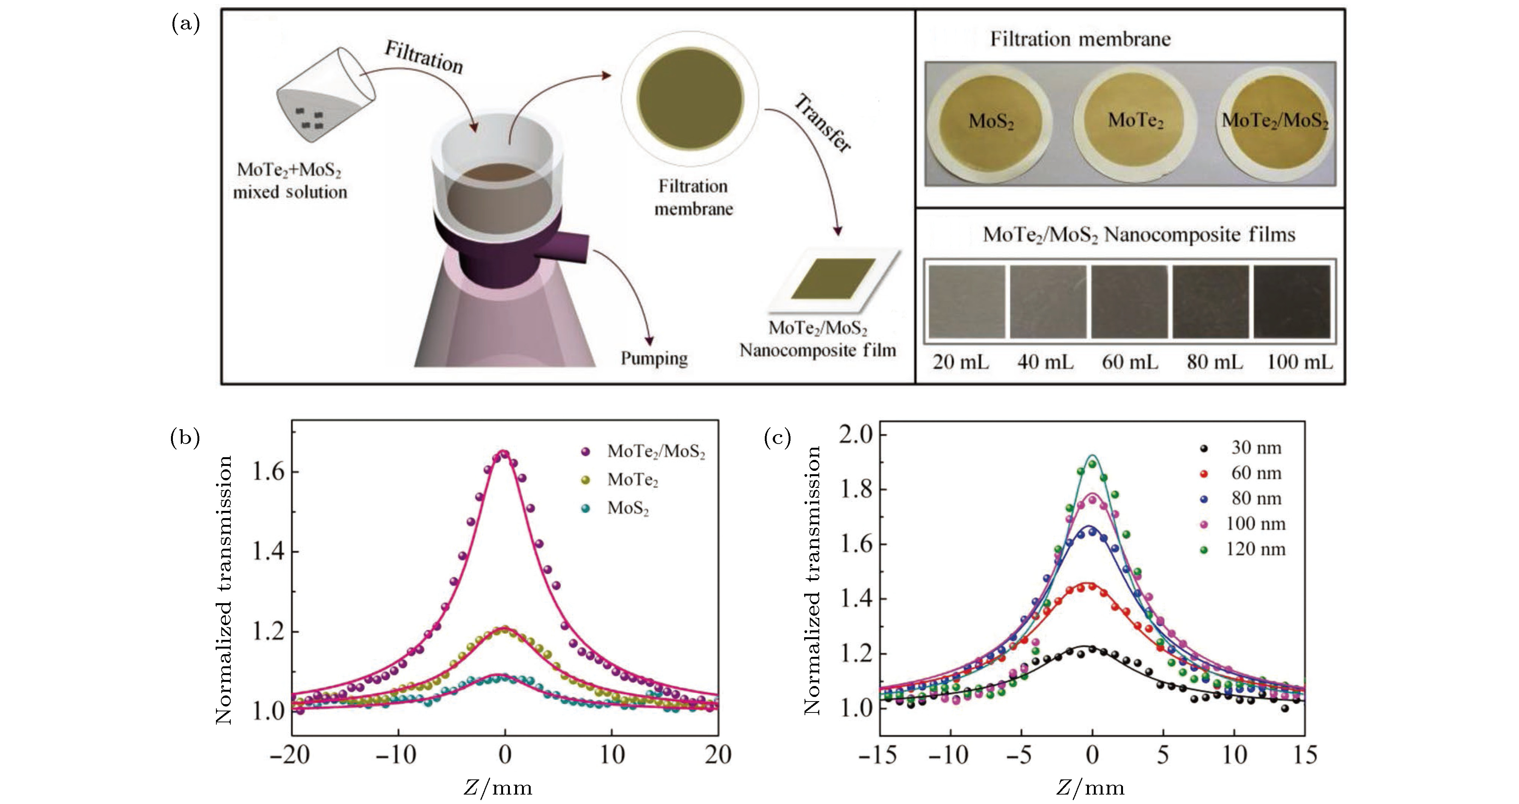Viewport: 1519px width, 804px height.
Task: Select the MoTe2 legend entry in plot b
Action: [632, 480]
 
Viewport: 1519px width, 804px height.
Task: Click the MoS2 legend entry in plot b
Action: [627, 508]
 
